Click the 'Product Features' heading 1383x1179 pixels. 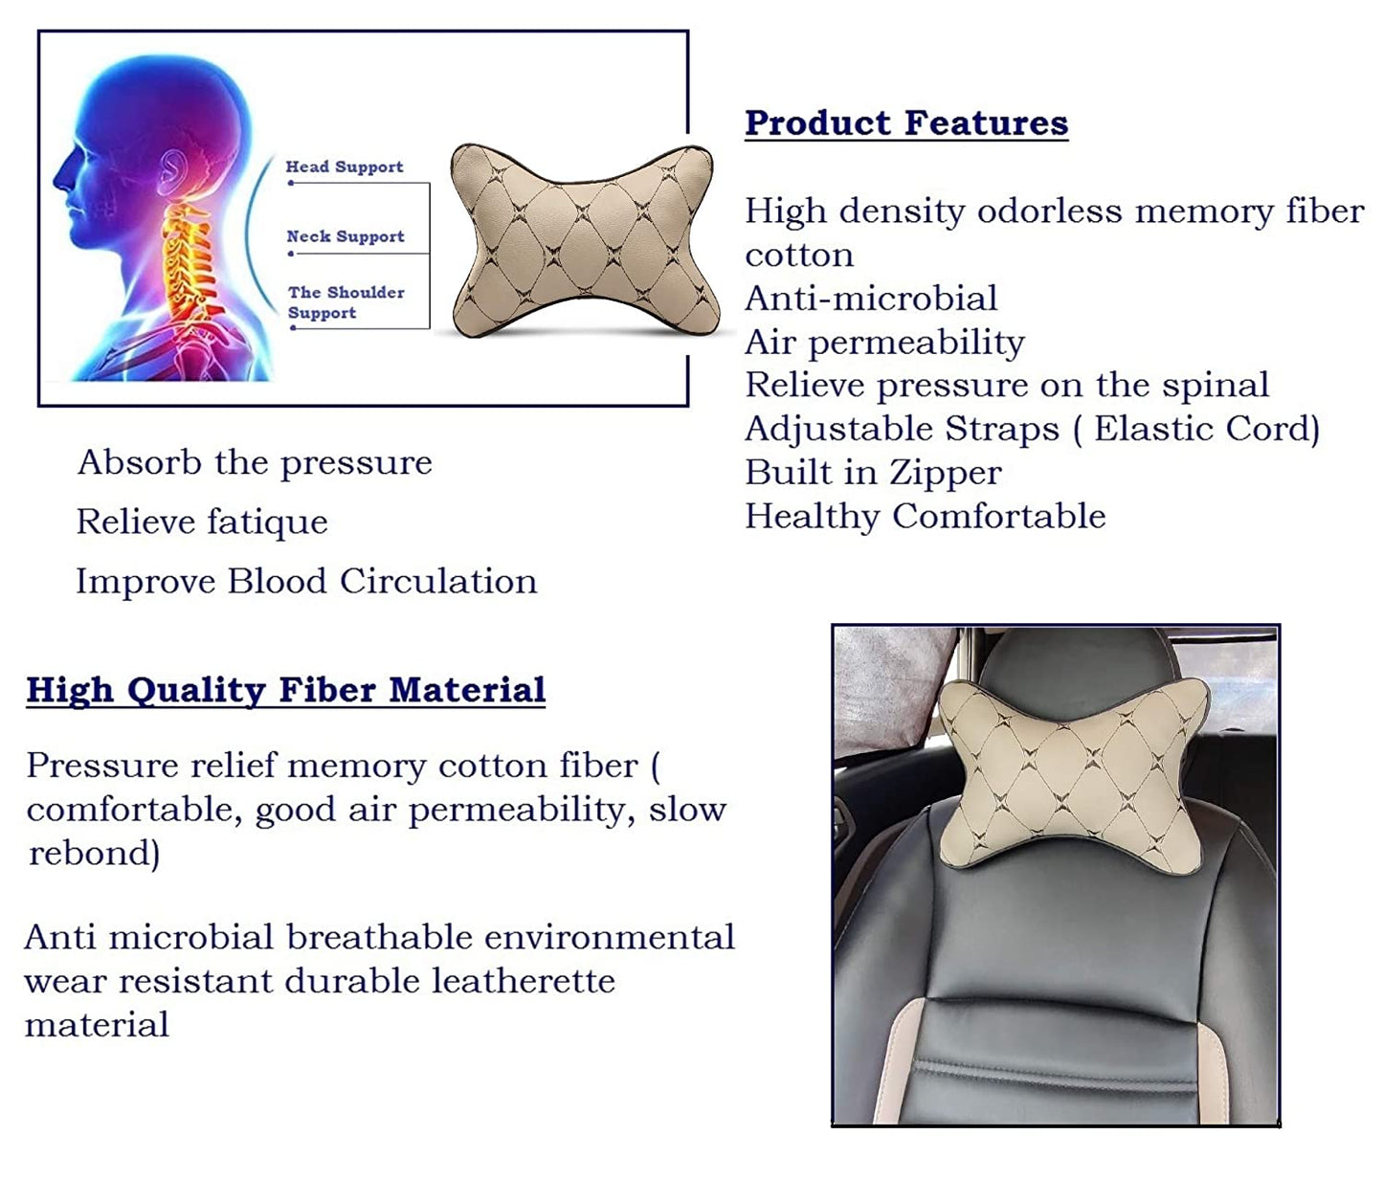pos(906,123)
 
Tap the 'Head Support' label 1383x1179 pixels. pos(345,167)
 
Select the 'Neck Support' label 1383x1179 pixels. pos(346,236)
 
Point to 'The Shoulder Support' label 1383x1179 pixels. pos(346,302)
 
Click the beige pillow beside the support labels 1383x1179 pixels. pos(582,239)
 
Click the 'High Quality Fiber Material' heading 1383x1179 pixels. pos(286,691)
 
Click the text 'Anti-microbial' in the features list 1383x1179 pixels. pos(871,298)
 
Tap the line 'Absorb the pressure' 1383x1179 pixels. pos(255,463)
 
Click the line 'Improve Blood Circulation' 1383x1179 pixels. pos(306,581)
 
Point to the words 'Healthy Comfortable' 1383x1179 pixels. pos(926,517)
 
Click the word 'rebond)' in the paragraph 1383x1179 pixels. pos(95,854)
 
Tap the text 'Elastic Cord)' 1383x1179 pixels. pos(1207,429)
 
